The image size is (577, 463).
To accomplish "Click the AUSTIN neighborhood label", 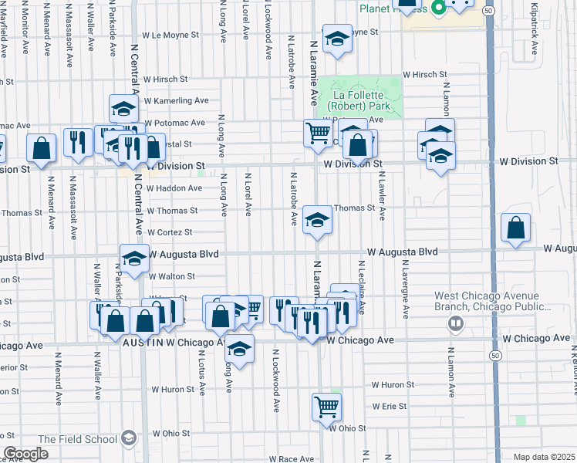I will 141,342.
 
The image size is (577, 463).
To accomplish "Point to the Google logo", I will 25,454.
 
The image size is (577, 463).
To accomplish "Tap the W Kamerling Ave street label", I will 176,101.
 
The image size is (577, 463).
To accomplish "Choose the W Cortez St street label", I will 169,232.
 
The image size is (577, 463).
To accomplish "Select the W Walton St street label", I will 171,276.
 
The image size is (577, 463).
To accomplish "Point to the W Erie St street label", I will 389,406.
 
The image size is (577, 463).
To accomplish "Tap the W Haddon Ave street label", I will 174,188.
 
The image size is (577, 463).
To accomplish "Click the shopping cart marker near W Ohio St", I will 326,406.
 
